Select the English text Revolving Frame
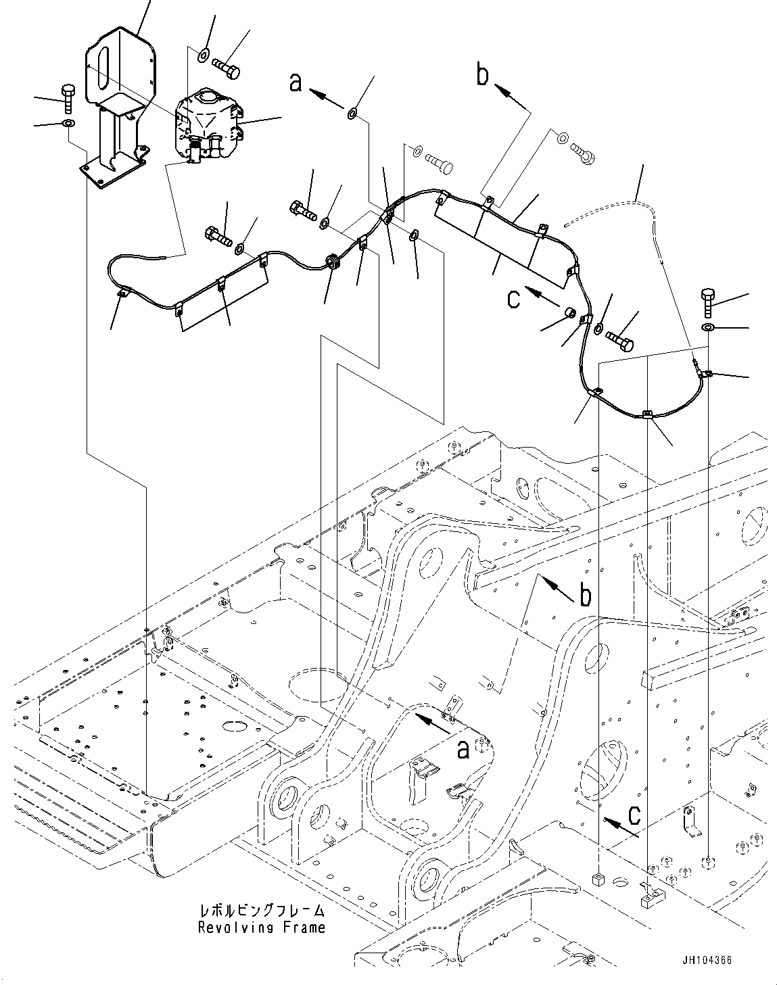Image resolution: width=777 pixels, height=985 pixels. click(x=262, y=928)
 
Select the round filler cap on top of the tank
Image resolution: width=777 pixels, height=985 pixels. click(x=206, y=99)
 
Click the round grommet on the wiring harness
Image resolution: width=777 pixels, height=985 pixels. click(x=333, y=261)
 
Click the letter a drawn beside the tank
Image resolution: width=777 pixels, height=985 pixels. click(x=294, y=82)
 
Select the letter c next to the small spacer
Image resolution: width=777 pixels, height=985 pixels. click(x=514, y=298)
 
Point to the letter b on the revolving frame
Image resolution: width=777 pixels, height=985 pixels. click(x=585, y=596)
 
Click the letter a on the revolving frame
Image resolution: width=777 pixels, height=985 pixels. click(x=463, y=749)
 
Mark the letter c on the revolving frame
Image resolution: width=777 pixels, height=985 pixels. click(x=634, y=816)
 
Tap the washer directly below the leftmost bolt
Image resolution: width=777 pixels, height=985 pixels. click(x=68, y=124)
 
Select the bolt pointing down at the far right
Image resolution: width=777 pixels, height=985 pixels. click(x=708, y=302)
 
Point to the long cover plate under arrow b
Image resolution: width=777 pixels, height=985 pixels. click(x=504, y=241)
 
